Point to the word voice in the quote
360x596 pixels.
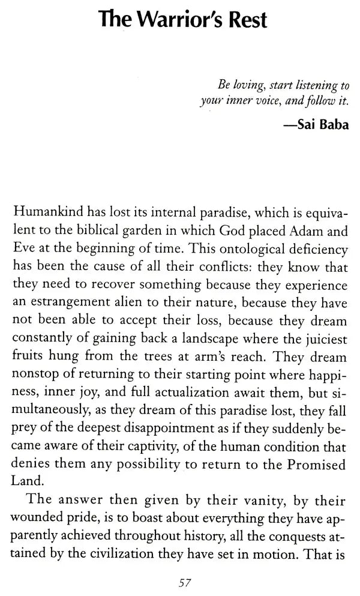click(262, 103)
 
